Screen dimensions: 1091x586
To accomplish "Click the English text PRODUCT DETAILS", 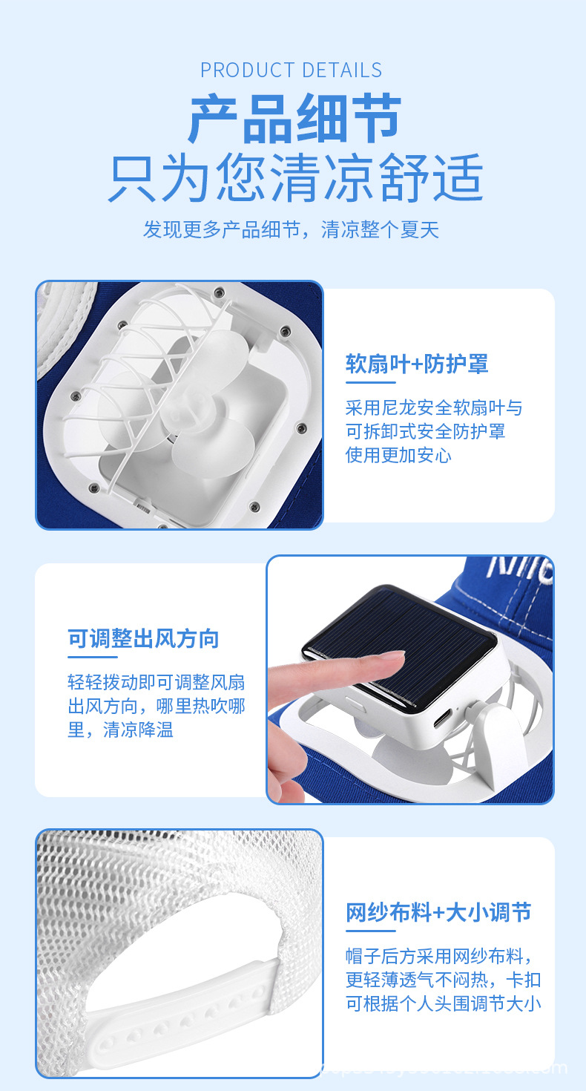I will pos(292,71).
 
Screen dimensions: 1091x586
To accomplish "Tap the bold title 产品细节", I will pos(294,119).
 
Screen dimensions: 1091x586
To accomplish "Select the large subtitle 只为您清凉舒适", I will pos(294,179).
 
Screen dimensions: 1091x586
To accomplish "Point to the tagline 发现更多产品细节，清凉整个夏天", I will pos(292,229).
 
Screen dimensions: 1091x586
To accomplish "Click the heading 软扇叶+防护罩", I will pos(417,364).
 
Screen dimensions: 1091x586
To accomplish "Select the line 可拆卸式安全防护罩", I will pos(425,431).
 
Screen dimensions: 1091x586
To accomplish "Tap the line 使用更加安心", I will pos(398,455).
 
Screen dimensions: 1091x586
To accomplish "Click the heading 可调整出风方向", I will pos(143,638).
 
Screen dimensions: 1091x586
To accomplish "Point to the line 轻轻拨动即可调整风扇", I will pos(156,682).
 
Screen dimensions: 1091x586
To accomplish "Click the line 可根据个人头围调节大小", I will pos(443,1003).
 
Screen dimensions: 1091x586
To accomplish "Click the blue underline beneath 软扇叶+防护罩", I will pos(371,382).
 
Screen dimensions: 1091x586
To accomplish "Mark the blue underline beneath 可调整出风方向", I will pos(93,657).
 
